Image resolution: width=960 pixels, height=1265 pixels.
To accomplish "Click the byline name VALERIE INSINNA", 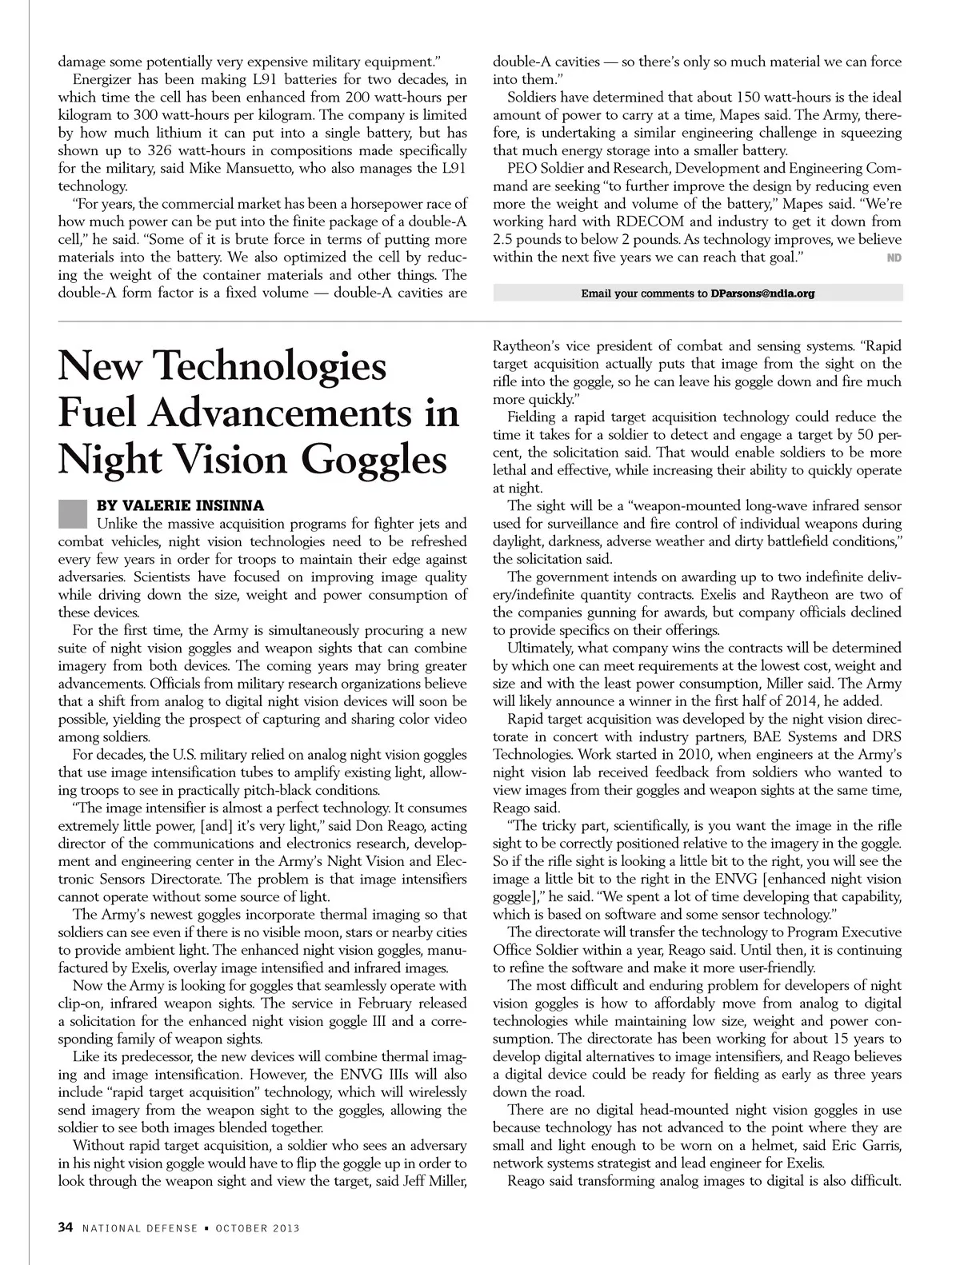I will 180,506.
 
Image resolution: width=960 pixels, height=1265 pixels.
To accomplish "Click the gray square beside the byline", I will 72,513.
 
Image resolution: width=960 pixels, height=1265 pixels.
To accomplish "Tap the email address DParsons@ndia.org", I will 762,293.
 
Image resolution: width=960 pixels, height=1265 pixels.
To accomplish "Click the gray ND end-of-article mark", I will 894,257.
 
